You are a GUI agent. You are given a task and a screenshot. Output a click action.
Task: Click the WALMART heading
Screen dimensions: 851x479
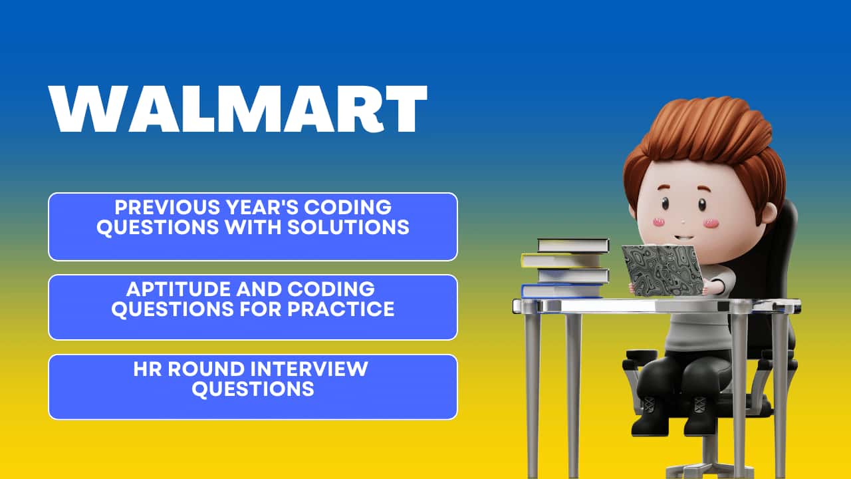click(238, 108)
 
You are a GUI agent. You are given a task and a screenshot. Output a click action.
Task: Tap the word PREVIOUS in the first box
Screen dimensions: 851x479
click(168, 208)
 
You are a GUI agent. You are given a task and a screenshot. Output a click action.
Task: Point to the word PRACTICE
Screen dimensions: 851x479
click(341, 309)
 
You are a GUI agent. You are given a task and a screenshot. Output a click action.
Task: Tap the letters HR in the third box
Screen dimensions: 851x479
click(147, 369)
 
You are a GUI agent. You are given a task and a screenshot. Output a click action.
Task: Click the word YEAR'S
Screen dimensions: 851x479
click(262, 208)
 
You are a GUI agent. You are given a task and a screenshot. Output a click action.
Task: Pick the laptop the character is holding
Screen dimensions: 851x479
click(663, 270)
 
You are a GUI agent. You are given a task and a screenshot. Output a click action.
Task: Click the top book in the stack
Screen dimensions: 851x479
click(573, 245)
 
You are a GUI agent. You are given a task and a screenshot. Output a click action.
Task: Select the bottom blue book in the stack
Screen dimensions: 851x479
click(562, 291)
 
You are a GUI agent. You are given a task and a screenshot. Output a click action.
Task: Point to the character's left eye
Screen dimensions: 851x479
click(666, 204)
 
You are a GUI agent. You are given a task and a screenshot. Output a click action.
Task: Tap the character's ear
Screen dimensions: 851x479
click(768, 214)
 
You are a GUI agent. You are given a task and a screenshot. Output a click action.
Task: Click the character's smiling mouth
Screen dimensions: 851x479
click(683, 238)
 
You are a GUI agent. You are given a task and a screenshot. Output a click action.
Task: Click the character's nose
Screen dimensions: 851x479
click(683, 222)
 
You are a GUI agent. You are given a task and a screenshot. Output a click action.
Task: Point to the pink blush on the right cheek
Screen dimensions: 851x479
click(711, 223)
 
